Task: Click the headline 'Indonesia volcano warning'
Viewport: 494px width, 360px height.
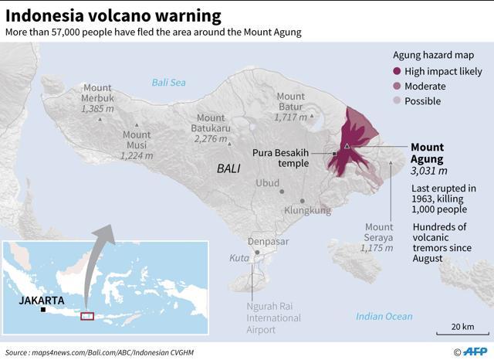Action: (113, 15)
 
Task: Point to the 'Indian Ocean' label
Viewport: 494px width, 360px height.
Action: (384, 316)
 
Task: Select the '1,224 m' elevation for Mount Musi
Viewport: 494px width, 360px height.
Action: (137, 155)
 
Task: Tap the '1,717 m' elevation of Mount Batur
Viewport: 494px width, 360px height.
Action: (290, 117)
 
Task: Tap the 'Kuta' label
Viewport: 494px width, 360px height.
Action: (239, 258)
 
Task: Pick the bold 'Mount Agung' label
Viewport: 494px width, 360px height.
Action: (427, 153)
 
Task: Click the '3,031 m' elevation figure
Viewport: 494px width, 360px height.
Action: (429, 171)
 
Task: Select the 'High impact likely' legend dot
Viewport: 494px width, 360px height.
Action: (397, 71)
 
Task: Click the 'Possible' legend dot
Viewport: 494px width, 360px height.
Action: (397, 101)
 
